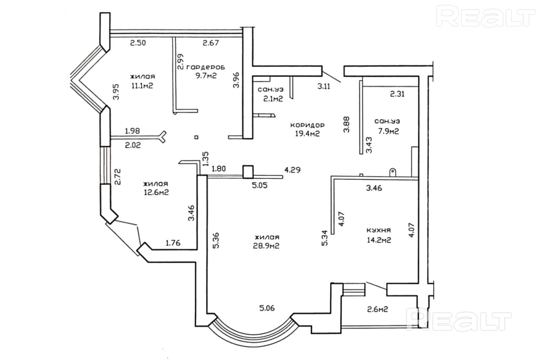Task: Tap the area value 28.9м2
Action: [267, 246]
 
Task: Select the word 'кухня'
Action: [379, 230]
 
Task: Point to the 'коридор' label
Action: [307, 125]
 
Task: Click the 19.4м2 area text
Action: [307, 134]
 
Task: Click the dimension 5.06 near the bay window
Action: [267, 308]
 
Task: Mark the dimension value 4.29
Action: [292, 170]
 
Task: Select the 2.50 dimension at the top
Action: [138, 43]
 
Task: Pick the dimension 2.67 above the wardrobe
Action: [211, 43]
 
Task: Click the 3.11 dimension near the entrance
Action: [323, 86]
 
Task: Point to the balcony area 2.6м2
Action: [377, 309]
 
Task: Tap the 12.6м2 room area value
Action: [156, 192]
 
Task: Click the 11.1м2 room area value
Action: [142, 85]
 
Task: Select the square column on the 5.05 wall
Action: [248, 172]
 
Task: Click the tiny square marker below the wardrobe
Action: [196, 137]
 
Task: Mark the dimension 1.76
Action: [173, 242]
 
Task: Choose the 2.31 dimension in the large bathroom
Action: [397, 94]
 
